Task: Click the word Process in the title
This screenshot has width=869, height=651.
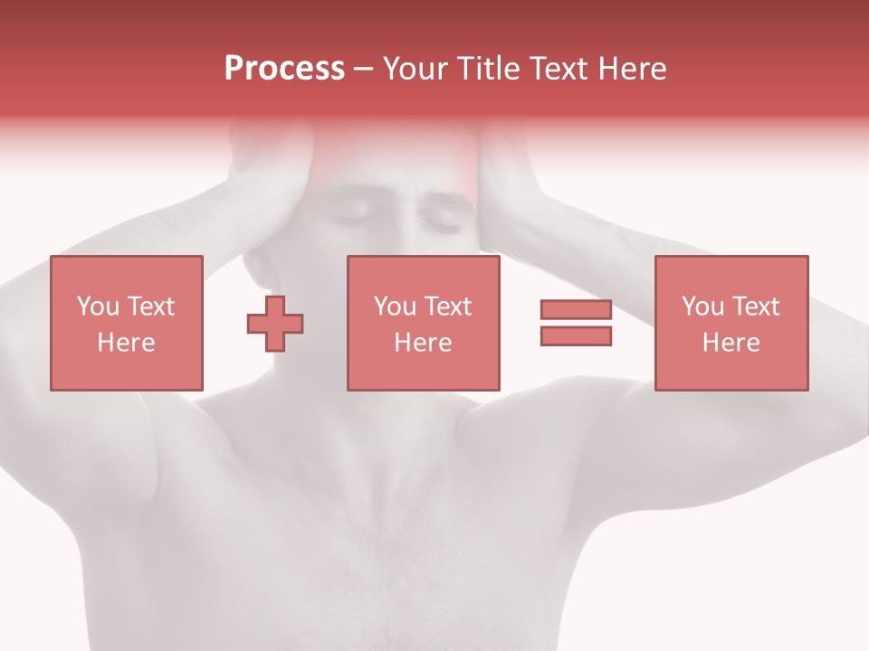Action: point(284,69)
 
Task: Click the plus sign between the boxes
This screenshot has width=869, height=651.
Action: point(275,324)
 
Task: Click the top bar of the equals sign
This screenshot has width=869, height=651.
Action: point(576,310)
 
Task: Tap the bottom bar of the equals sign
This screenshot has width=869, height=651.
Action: point(576,335)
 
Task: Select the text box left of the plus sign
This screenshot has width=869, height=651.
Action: point(126,324)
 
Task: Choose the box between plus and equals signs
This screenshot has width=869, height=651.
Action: point(423,324)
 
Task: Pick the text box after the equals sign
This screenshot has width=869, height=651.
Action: point(731,324)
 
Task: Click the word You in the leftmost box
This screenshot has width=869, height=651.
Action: point(98,307)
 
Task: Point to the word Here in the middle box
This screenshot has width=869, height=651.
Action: point(423,343)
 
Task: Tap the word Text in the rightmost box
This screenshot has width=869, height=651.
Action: point(755,307)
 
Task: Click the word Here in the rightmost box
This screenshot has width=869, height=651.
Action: point(731,343)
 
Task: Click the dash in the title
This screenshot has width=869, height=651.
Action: point(364,69)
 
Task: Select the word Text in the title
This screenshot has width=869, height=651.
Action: point(558,69)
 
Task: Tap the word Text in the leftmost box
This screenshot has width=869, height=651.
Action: point(149,307)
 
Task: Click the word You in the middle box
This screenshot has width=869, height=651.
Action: point(395,307)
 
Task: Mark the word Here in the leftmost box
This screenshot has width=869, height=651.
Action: point(126,343)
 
